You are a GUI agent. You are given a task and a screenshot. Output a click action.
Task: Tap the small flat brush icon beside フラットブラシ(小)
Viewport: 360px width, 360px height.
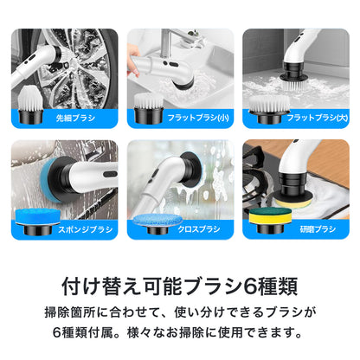click(x=148, y=110)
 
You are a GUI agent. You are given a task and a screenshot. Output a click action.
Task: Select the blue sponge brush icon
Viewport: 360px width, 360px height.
click(x=32, y=223)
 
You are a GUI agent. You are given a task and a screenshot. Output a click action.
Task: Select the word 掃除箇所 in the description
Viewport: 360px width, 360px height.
click(x=75, y=310)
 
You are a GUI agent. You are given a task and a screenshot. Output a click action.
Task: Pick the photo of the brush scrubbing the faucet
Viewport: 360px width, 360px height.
click(x=180, y=67)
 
